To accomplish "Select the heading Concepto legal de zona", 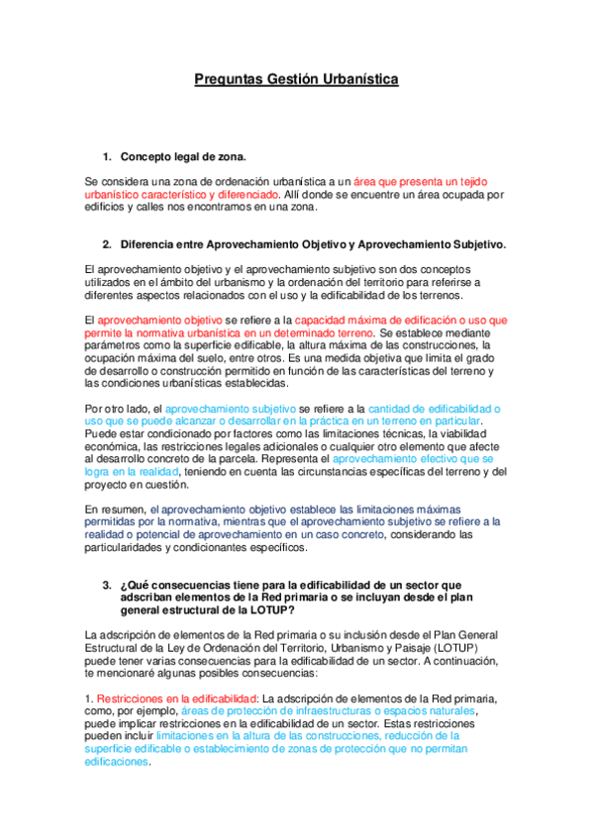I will pos(183,157).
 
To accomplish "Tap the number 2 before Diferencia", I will pos(106,244).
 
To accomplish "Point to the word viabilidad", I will pos(479,433).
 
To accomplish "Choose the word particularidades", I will pos(130,548).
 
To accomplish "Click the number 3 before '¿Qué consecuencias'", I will pos(106,585).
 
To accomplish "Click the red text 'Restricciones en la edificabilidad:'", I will pos(169,699).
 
